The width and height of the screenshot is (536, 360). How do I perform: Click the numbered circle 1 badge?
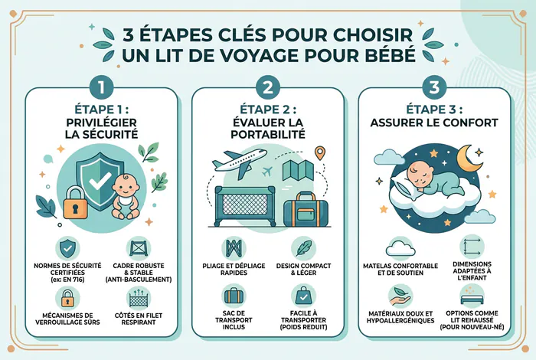[x=101, y=87]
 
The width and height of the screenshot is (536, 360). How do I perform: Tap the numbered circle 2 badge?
[x=268, y=87]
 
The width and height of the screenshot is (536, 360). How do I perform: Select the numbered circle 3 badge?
[x=434, y=87]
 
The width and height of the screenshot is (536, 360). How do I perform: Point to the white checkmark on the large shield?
[x=100, y=181]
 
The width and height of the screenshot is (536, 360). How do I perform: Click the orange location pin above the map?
[x=319, y=153]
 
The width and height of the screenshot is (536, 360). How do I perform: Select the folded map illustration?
[x=298, y=170]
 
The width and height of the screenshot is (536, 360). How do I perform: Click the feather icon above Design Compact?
[x=303, y=248]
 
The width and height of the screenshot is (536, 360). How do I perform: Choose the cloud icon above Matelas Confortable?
[x=400, y=248]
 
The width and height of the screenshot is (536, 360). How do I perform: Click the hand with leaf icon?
[x=400, y=296]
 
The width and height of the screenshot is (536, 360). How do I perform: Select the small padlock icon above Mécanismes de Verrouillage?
[x=67, y=298]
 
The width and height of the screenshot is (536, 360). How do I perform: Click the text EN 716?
[x=74, y=280]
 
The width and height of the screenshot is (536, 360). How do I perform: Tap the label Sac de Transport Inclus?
[x=234, y=320]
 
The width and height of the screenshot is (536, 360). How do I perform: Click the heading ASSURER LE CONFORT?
[x=434, y=123]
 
